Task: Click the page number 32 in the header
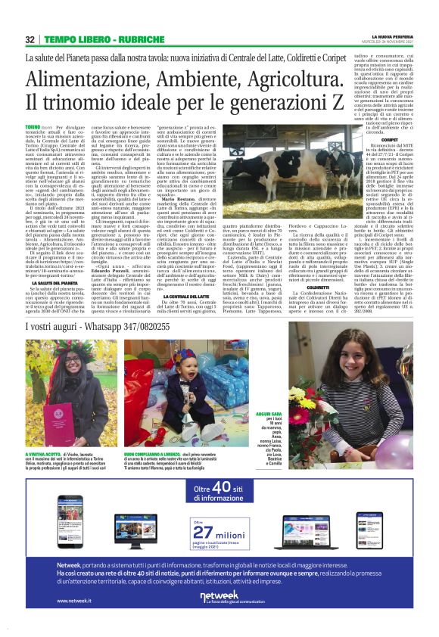[x=30, y=39]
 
